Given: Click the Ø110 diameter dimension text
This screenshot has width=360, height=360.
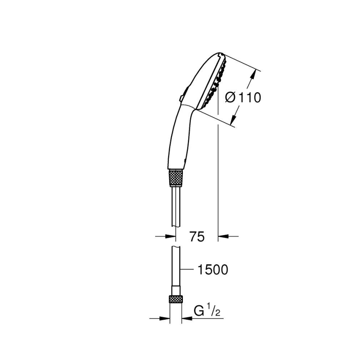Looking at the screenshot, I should pos(243,98).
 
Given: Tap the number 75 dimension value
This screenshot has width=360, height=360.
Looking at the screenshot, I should pos(197,237).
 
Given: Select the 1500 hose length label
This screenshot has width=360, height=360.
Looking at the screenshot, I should pos(213,270).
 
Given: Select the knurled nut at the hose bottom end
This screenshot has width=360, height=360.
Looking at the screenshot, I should pos(176,300).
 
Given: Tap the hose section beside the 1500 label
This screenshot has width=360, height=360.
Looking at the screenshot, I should pos(176,270).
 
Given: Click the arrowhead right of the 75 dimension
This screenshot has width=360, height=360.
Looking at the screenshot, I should pos(223,236).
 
